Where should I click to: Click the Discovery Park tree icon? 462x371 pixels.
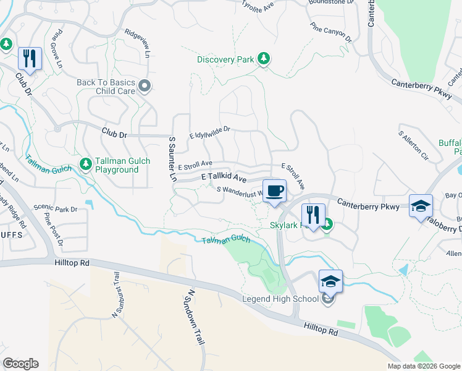[264, 59]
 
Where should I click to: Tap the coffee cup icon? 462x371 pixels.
[274, 190]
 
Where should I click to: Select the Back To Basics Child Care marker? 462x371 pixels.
[145, 86]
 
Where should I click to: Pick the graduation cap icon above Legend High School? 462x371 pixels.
[330, 281]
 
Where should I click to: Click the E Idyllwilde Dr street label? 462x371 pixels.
[209, 131]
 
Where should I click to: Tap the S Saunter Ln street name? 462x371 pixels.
[172, 160]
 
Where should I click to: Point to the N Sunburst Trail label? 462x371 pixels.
[115, 294]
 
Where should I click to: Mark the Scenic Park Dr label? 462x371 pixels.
[56, 208]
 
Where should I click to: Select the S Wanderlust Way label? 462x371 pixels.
[240, 192]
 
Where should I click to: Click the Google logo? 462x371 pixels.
[20, 364]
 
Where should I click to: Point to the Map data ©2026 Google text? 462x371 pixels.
[424, 366]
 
